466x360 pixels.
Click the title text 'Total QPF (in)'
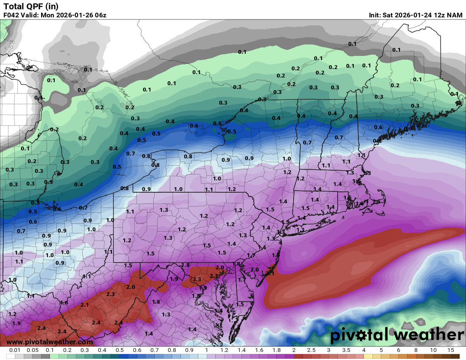point(31,6)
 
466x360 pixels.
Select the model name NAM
point(455,15)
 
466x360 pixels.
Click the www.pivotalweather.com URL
point(50,342)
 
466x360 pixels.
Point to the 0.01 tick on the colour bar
point(15,350)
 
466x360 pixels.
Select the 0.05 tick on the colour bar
point(32,350)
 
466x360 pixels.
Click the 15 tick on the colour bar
point(450,350)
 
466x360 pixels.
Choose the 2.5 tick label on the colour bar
point(311,350)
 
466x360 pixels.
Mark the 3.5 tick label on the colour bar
point(346,350)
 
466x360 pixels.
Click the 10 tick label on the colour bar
point(433,350)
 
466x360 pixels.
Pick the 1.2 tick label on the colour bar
point(224,350)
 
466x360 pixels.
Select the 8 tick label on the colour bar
point(416,350)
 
